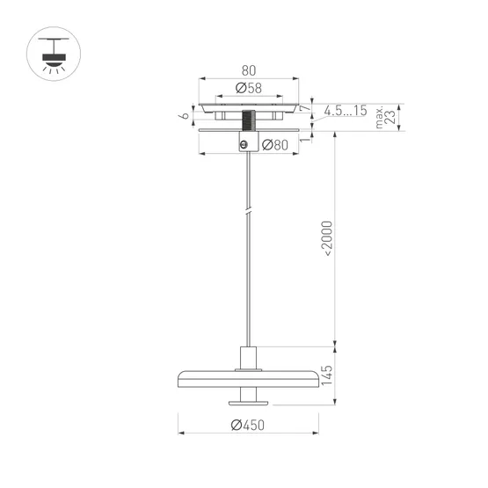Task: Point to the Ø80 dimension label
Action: tap(275, 146)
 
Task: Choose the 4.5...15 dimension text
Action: tap(345, 111)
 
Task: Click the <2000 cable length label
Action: tap(326, 238)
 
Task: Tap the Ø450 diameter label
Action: tap(248, 426)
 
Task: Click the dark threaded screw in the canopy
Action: tap(249, 120)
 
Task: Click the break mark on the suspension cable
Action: tap(249, 213)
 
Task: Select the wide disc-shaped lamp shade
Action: tap(249, 377)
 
